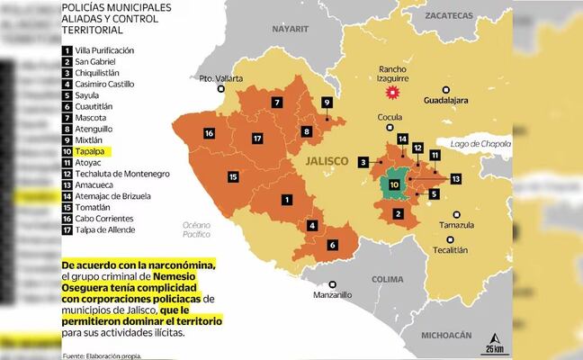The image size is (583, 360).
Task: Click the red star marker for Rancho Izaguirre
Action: (x=391, y=93)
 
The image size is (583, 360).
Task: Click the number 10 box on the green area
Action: (x=393, y=184)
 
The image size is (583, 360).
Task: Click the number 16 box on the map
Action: (x=208, y=134)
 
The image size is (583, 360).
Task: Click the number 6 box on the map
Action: (x=332, y=245)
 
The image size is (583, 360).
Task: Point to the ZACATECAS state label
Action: (x=449, y=16)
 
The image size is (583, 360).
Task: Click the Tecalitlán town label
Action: (x=455, y=250)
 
